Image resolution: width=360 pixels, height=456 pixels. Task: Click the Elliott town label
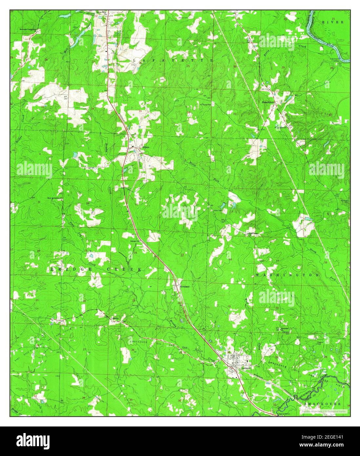tap(146, 147)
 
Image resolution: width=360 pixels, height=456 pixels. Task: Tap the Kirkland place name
tap(185, 286)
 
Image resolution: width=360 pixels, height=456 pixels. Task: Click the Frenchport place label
tap(268, 102)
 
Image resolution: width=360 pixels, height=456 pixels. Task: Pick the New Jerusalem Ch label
tap(55, 198)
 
